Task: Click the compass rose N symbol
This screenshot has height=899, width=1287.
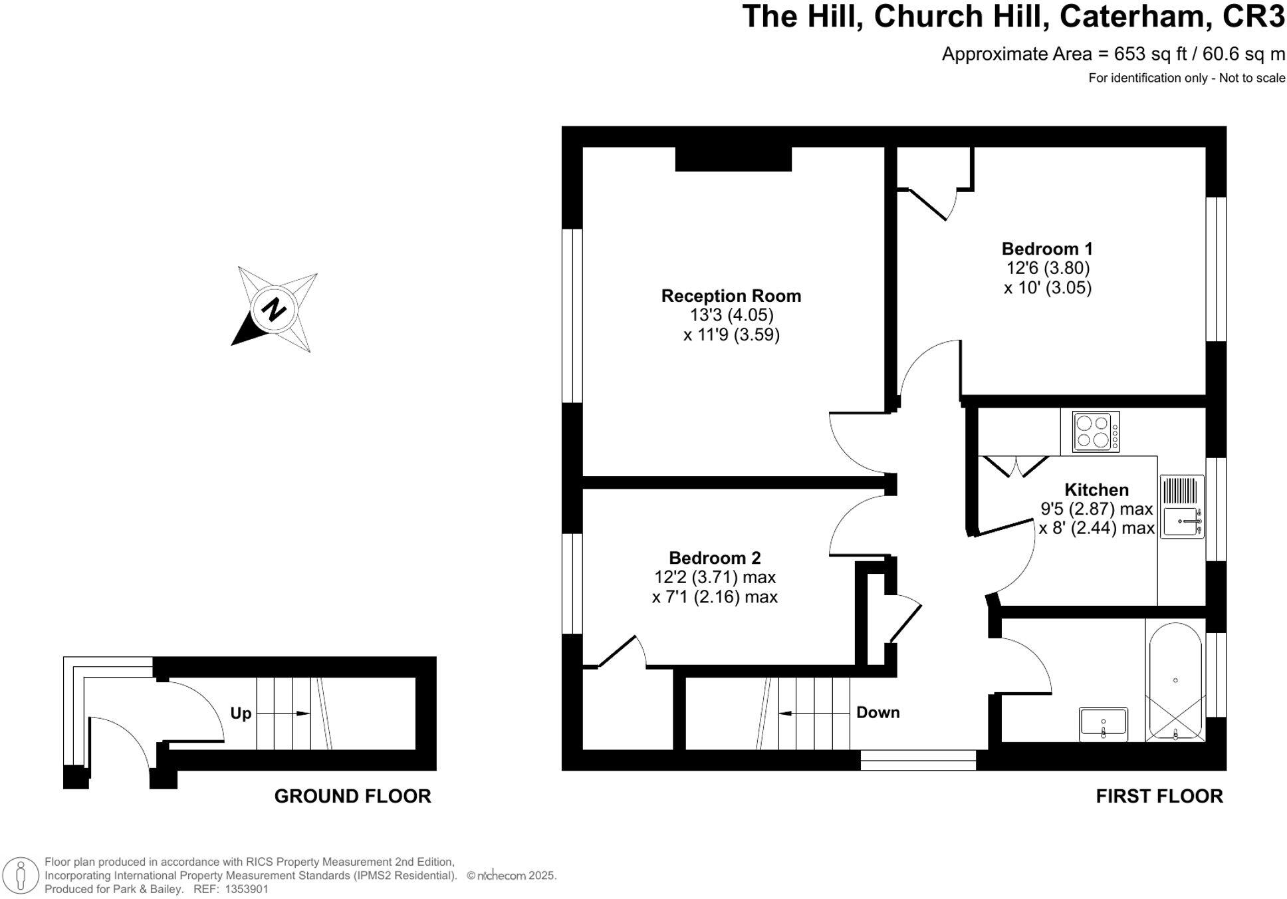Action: coord(273,310)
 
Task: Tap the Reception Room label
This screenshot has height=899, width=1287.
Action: coord(731,296)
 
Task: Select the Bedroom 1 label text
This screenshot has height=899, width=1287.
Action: coord(1046,249)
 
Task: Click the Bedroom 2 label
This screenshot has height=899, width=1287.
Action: coord(714,558)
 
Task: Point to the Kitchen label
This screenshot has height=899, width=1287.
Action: coord(1096,490)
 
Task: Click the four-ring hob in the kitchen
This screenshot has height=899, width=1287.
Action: coord(1095,432)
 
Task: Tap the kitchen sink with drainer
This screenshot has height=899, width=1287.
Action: coord(1181,507)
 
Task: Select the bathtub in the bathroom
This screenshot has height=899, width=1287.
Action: coord(1175,682)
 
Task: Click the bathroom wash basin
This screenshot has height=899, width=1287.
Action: coord(1103,724)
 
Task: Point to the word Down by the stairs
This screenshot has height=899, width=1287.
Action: coord(877,713)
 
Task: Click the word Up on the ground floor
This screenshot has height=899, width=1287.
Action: coord(241,713)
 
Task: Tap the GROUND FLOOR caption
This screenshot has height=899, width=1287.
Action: coord(352,796)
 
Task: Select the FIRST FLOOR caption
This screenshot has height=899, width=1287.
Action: coord(1159,796)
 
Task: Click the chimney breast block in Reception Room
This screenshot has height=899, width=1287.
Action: coord(733,159)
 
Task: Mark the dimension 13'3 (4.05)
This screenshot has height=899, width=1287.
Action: coord(731,315)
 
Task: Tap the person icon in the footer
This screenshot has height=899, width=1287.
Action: coord(21,875)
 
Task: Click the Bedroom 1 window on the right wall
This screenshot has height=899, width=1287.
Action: coord(1216,269)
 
